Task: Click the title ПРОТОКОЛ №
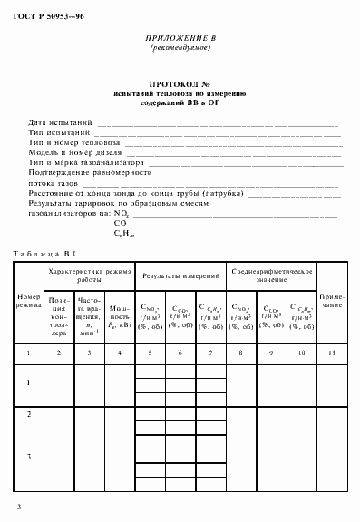tap(180, 82)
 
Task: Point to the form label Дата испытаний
tap(60, 121)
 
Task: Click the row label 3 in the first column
tap(28, 456)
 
